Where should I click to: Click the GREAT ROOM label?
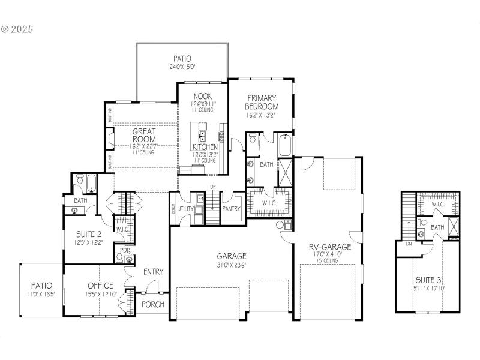pyautogui.click(x=144, y=135)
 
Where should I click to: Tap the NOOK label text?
pyautogui.click(x=203, y=96)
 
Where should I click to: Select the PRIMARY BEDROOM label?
pyautogui.click(x=262, y=102)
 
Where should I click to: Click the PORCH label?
pyautogui.click(x=152, y=304)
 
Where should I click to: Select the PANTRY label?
pyautogui.click(x=231, y=209)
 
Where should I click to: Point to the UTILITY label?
pyautogui.click(x=185, y=209)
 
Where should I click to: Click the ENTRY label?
pyautogui.click(x=153, y=272)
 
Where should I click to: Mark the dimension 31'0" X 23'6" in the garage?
pyautogui.click(x=232, y=265)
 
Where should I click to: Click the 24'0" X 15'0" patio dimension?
pyautogui.click(x=182, y=67)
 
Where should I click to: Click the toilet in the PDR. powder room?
pyautogui.click(x=119, y=259)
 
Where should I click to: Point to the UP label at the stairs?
pyautogui.click(x=212, y=186)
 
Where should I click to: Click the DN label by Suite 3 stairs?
pyautogui.click(x=409, y=244)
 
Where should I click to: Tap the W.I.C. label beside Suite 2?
pyautogui.click(x=122, y=229)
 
